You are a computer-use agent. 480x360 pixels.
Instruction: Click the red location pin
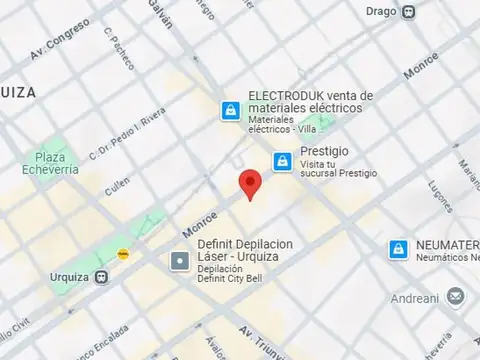(250, 185)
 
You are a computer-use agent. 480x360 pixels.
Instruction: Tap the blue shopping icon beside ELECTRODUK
(231, 109)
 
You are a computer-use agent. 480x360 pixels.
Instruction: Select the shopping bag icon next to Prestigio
(283, 161)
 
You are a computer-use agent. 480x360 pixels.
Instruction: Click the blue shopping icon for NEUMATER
(398, 248)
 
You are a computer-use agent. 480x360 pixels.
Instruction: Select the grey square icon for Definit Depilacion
(180, 262)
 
